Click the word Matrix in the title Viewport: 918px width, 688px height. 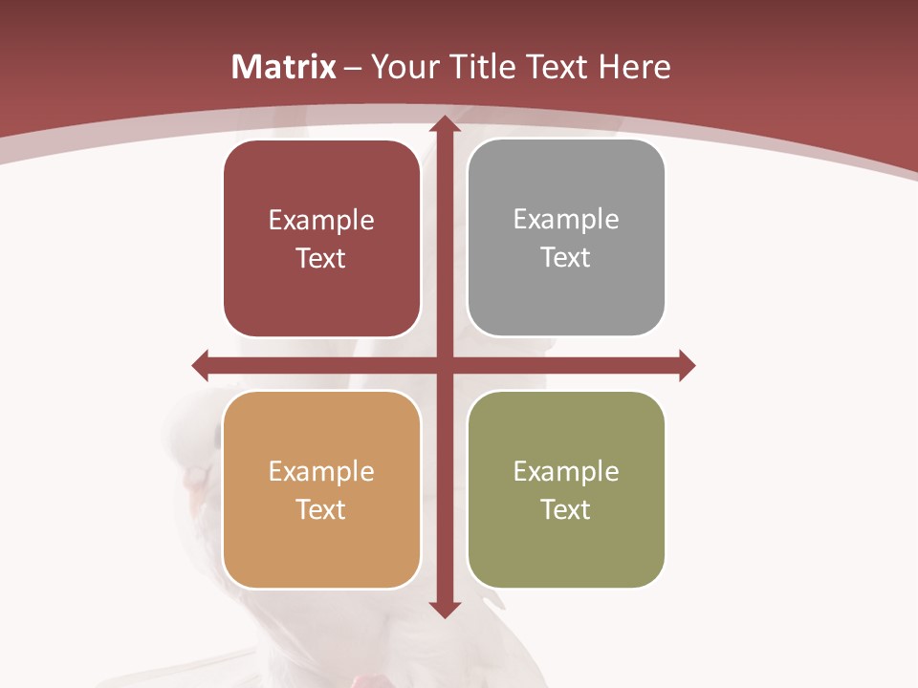point(284,67)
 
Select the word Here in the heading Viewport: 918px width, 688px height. point(635,67)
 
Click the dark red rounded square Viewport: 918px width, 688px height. point(321,239)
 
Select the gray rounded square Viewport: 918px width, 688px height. point(566,239)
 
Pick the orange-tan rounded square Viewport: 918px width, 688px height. point(321,489)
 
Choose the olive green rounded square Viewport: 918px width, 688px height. point(566,489)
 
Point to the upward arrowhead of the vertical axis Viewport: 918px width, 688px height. point(444,125)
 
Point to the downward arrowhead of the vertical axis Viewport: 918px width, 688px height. point(444,608)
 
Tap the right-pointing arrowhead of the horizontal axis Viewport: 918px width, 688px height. point(686,365)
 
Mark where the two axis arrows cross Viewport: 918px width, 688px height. point(444,365)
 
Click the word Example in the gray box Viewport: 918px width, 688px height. point(566,219)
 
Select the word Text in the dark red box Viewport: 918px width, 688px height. point(320,259)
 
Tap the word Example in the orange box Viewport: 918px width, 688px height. point(321,471)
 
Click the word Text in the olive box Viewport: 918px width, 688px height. point(566,510)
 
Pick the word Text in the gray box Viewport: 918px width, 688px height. point(566,258)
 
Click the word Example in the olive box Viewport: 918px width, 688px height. point(566,471)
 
